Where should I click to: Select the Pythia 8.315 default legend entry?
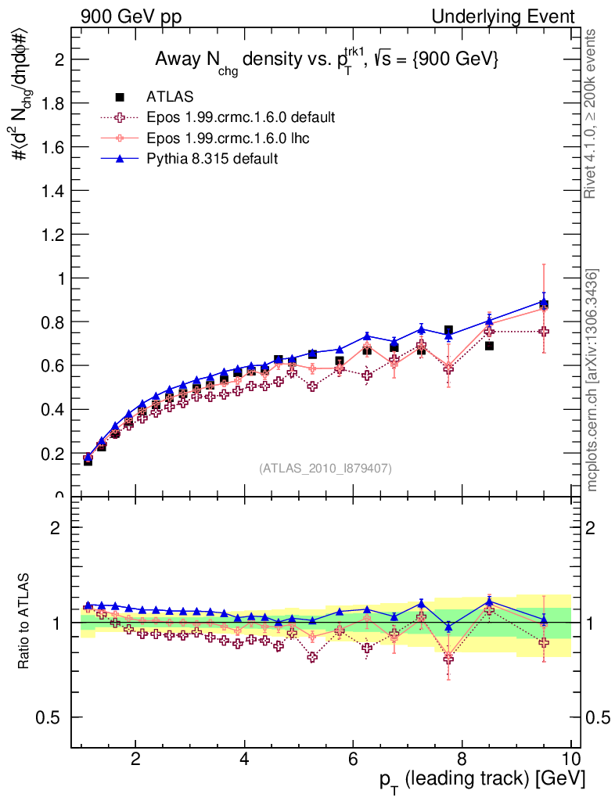coord(211,159)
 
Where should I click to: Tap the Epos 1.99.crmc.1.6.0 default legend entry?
coord(240,117)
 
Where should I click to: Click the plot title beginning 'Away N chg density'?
coord(326,59)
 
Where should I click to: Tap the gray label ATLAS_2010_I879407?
coord(325,469)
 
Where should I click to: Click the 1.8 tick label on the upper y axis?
coord(52,103)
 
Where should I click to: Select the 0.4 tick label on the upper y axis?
coord(52,409)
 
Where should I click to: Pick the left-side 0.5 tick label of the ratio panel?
coord(52,717)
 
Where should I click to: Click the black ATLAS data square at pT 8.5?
coord(489,345)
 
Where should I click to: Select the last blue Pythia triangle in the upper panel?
coord(543,301)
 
